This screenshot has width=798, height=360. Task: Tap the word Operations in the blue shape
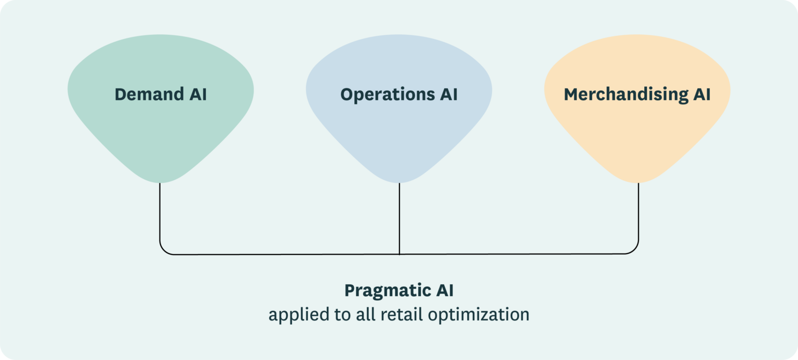tap(388, 95)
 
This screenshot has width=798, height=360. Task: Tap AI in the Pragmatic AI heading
tap(444, 290)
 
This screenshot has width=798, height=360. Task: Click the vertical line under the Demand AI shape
tap(160, 213)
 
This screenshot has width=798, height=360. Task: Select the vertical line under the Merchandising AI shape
tap(638, 213)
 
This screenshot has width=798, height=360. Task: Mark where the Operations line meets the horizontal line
tap(399, 254)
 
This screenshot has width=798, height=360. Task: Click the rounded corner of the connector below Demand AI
tap(164, 250)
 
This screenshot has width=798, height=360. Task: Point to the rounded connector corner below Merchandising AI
tap(634, 250)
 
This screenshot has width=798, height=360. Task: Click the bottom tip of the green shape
tap(161, 182)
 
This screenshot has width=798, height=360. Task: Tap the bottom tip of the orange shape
tap(638, 182)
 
